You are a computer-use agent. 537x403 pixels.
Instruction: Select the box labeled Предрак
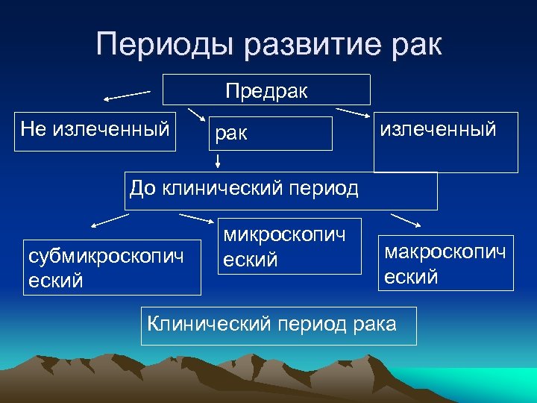pyautogui.click(x=266, y=90)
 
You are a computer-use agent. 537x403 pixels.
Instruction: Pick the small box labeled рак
pyautogui.click(x=270, y=134)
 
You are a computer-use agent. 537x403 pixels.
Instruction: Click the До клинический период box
pyautogui.click(x=280, y=190)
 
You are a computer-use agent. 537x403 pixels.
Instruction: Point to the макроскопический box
pyautogui.click(x=445, y=263)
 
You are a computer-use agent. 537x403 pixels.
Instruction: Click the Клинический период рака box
pyautogui.click(x=279, y=324)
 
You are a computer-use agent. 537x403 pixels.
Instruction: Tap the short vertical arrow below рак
pyautogui.click(x=219, y=161)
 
